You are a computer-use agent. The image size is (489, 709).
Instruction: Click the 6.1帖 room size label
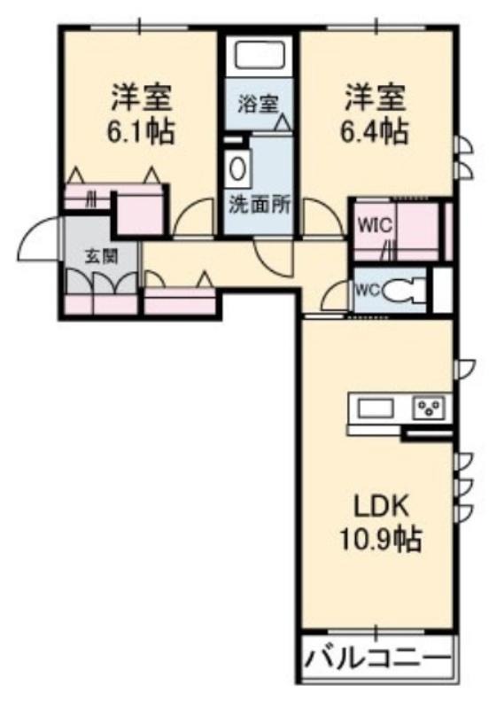140,131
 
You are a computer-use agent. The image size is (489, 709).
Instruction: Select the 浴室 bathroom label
258,105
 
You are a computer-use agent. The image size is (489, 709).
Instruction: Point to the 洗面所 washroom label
259,206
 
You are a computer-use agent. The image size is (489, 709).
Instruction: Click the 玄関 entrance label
102,257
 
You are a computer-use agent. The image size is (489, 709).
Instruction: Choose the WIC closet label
375,225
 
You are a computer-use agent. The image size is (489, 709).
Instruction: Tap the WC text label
369,290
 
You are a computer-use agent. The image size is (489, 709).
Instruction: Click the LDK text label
381,507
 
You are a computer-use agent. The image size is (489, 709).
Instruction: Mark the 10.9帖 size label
381,539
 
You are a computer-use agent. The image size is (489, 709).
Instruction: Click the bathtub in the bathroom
260,54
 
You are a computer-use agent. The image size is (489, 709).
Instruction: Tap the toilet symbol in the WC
405,291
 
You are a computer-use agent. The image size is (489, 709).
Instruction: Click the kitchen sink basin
375,409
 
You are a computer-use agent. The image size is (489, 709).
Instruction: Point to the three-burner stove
430,408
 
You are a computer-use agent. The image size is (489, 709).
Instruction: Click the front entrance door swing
38,238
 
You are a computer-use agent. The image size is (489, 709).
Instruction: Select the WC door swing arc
336,296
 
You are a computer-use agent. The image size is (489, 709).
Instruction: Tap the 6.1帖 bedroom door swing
193,217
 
